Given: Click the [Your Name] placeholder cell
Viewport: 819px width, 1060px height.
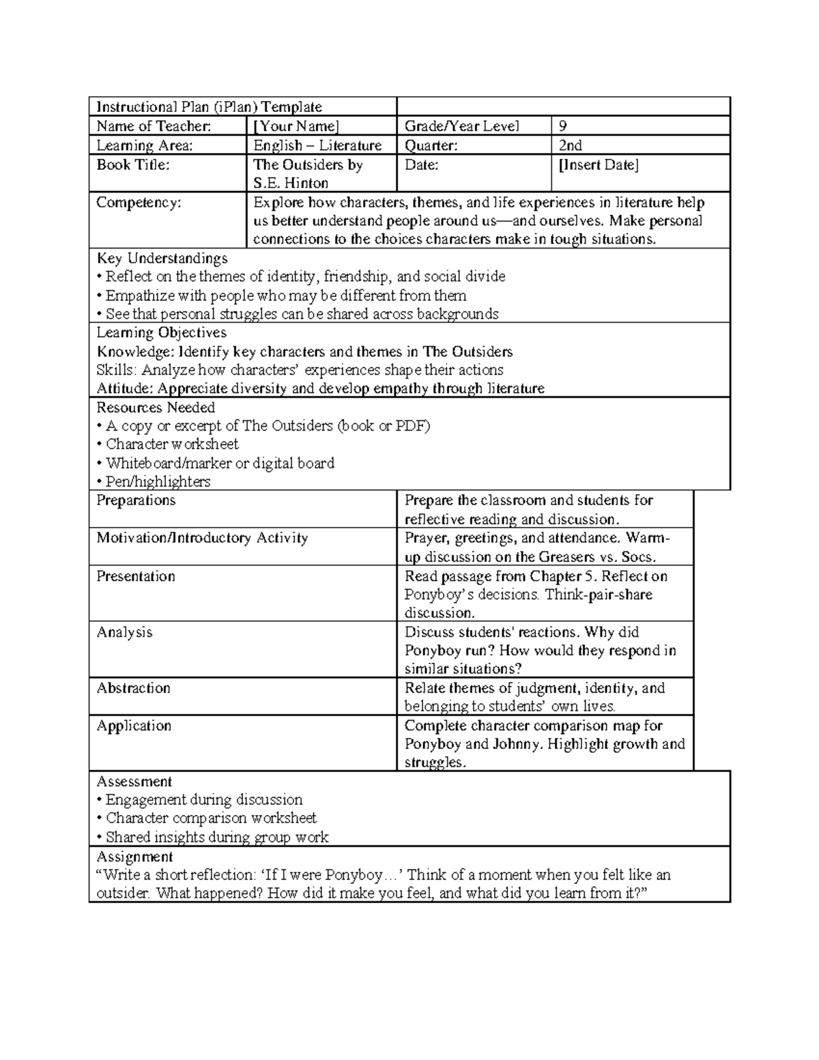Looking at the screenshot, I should (x=296, y=126).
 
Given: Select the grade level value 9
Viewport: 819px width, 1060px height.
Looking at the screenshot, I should (x=562, y=126).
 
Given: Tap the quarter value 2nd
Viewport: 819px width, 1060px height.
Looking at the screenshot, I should (x=570, y=145).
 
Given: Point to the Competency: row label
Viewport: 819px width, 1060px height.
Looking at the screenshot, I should (x=139, y=202).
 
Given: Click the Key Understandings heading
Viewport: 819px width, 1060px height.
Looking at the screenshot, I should (x=162, y=258).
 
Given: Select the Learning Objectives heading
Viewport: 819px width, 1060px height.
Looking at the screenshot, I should (x=161, y=332).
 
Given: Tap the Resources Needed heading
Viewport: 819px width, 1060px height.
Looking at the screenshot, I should (x=156, y=407).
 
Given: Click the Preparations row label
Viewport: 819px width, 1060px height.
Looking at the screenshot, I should (x=136, y=500).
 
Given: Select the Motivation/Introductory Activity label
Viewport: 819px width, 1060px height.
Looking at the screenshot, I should (x=202, y=538).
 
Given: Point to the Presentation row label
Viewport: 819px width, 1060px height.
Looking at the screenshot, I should (x=136, y=576).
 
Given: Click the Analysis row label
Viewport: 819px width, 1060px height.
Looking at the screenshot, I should (x=124, y=632).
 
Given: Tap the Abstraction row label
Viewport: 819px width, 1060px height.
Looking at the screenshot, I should (x=133, y=688).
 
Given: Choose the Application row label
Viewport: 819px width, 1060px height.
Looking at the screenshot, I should (x=134, y=726).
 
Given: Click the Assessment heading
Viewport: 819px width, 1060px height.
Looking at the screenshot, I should (x=134, y=782).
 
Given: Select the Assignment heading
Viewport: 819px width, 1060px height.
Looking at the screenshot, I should (x=134, y=857).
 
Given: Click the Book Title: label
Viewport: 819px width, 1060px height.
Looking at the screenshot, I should (x=132, y=164).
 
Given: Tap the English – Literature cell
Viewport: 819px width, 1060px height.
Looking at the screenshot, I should (x=317, y=145).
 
